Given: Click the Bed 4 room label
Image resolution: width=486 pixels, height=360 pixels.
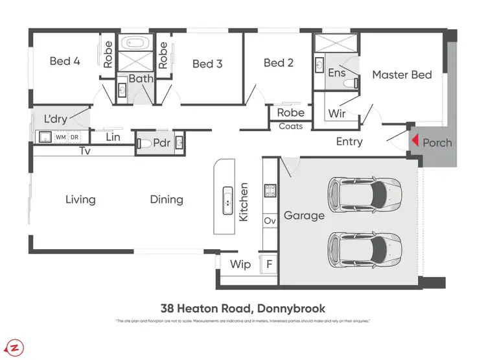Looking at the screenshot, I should tap(65, 62).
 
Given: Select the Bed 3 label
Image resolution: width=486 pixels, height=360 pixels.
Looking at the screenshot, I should tap(207, 64).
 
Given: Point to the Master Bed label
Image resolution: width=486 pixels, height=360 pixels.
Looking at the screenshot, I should tap(402, 75).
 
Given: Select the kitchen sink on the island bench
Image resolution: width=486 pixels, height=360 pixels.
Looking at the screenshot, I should tap(228, 200).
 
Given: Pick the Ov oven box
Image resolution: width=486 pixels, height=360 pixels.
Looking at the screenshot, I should tap(270, 221).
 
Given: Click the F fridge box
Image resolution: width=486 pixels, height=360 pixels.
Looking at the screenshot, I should tap(269, 265).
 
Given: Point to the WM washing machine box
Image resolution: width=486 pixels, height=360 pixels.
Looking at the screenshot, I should tap(60, 137).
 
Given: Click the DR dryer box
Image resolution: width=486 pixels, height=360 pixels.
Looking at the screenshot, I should tap(75, 137).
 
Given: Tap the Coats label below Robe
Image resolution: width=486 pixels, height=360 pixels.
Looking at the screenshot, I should tap(290, 126).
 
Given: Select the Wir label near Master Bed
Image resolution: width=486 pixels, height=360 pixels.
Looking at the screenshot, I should tap(337, 114).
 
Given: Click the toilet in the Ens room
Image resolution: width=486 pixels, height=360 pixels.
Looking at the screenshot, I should tap(350, 83).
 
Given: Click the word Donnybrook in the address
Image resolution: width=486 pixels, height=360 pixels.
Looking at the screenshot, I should tap(290, 309).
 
